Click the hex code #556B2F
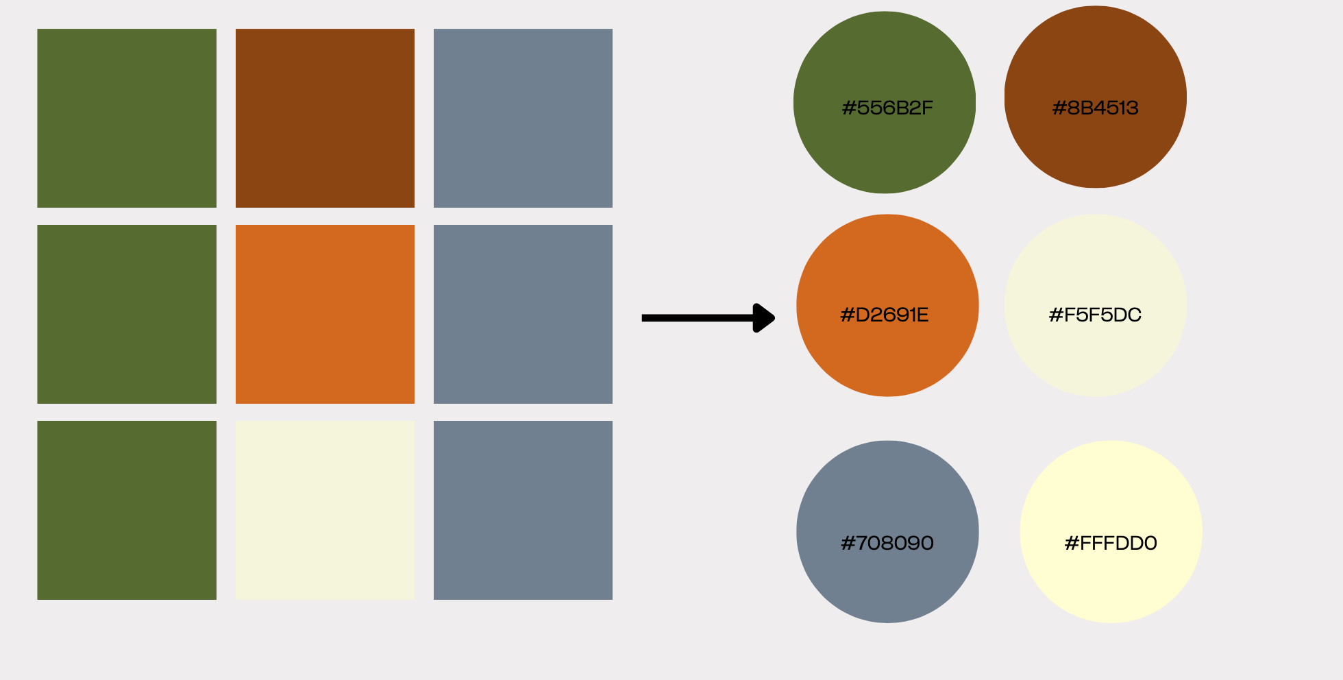887,108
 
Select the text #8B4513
1095,108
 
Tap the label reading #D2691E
885,315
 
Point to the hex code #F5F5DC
1095,315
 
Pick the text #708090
887,544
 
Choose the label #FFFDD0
1111,544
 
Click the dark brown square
325,118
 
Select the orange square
325,314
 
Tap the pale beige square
325,510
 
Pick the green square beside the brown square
127,118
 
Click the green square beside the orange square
127,314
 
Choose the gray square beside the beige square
523,510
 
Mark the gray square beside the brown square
523,118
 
